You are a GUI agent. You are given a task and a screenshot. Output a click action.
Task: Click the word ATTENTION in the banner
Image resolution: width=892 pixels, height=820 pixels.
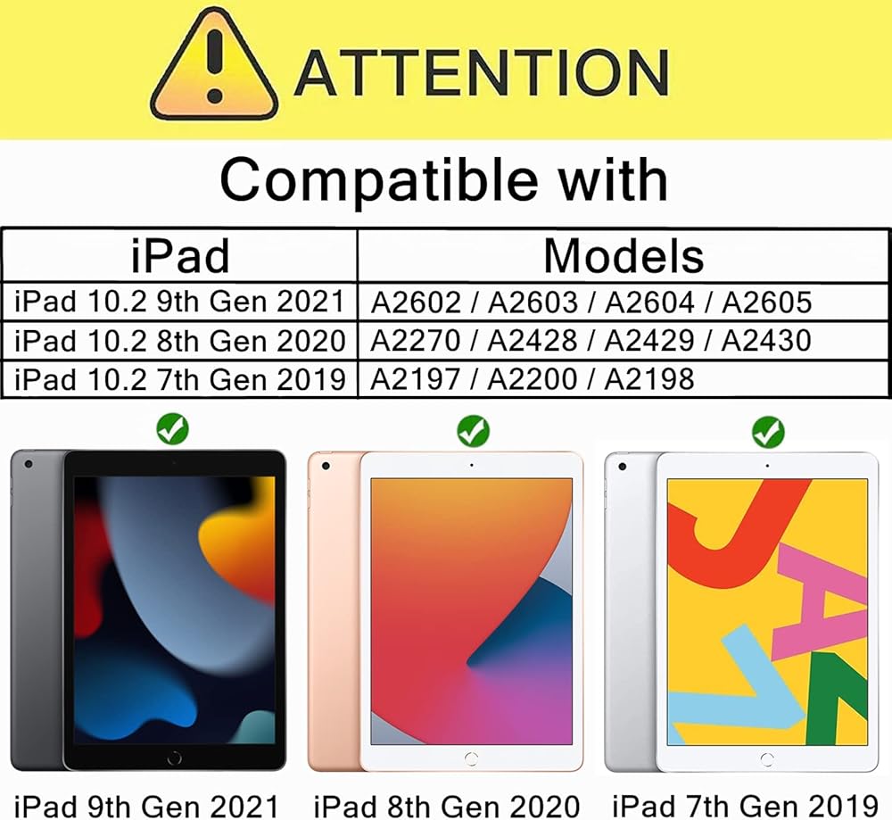(x=482, y=72)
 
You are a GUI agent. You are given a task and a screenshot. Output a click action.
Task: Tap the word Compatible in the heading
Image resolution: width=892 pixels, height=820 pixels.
(x=379, y=180)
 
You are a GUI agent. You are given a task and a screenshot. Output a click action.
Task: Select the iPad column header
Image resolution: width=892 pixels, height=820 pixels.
(x=180, y=256)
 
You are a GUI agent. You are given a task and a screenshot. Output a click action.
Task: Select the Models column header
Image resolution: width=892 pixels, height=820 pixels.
(x=624, y=256)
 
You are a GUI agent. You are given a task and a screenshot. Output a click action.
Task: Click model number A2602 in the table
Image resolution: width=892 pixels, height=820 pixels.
(x=416, y=302)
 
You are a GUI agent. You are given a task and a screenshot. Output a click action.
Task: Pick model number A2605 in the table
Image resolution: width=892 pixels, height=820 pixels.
(x=766, y=302)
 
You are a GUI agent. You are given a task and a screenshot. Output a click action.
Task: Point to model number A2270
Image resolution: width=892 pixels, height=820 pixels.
(x=416, y=341)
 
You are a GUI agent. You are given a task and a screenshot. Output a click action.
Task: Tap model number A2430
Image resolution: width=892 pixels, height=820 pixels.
(x=766, y=341)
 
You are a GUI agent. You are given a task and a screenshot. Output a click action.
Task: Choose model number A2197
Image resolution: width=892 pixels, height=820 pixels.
(x=416, y=379)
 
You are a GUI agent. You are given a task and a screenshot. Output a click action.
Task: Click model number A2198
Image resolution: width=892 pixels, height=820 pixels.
(x=649, y=379)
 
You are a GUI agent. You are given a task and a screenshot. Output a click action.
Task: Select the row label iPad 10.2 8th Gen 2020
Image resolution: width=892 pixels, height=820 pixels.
(x=180, y=341)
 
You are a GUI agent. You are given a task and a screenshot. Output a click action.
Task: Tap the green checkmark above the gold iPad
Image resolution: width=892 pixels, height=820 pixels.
(x=473, y=431)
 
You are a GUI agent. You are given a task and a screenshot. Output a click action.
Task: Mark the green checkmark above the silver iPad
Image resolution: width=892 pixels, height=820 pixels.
(x=768, y=432)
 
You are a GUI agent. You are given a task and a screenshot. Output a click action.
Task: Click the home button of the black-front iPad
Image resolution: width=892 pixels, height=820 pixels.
(x=175, y=758)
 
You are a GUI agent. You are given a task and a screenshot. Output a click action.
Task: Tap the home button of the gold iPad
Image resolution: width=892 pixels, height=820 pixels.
(x=471, y=759)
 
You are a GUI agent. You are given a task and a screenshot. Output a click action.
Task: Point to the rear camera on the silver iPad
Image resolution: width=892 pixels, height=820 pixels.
(x=623, y=467)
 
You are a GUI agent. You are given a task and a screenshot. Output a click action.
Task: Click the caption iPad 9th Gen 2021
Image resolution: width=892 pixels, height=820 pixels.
(x=146, y=806)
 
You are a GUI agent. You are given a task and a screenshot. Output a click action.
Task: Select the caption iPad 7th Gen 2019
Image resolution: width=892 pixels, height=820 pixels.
(x=745, y=806)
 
